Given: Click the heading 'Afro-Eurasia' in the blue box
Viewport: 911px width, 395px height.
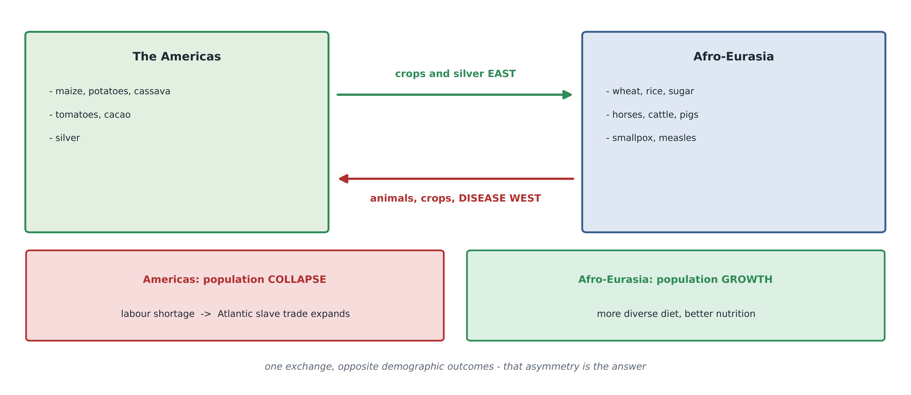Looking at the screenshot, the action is (x=734, y=57).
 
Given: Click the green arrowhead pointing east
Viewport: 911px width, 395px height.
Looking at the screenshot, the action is (x=567, y=94).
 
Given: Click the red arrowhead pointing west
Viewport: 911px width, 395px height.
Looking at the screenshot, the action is (x=344, y=179).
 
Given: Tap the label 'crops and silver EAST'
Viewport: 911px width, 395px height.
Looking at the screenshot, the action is (x=455, y=74).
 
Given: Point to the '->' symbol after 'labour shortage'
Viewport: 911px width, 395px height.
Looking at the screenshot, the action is (x=206, y=314).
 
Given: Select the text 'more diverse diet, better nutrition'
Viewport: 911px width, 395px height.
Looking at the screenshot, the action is (x=676, y=314).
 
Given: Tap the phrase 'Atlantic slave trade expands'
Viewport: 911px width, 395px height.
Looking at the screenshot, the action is (x=284, y=314).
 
